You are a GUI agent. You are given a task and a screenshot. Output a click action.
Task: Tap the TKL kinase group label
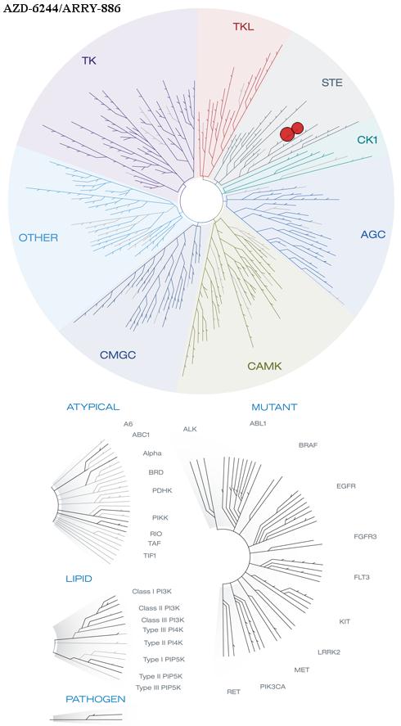pyautogui.click(x=243, y=27)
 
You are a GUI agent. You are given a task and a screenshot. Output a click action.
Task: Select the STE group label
pyautogui.click(x=332, y=83)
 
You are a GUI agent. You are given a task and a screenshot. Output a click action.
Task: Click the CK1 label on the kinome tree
pyautogui.click(x=367, y=139)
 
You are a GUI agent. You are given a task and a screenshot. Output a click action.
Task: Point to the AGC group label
pyautogui.click(x=372, y=235)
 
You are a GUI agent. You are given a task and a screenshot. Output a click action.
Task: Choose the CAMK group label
pyautogui.click(x=264, y=367)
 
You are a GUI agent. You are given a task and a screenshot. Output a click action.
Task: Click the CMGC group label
pyautogui.click(x=118, y=355)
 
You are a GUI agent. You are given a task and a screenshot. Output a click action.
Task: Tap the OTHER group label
pyautogui.click(x=38, y=238)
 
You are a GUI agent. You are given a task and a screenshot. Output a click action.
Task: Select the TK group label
pyautogui.click(x=89, y=61)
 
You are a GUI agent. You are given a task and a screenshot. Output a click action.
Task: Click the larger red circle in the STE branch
pyautogui.click(x=287, y=133)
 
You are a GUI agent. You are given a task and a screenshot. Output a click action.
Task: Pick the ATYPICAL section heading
pyautogui.click(x=93, y=408)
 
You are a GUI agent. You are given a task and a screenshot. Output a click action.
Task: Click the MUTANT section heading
pyautogui.click(x=274, y=408)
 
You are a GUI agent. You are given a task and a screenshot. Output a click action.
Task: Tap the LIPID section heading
pyautogui.click(x=79, y=579)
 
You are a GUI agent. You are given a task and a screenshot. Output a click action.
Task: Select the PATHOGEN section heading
pyautogui.click(x=96, y=699)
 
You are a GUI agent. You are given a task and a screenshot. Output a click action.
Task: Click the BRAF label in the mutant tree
pyautogui.click(x=308, y=445)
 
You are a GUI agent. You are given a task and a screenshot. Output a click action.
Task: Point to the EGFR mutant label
pyautogui.click(x=346, y=487)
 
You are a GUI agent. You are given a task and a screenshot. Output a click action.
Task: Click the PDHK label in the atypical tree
pyautogui.click(x=162, y=490)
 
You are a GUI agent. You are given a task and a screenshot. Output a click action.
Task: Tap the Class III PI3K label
pyautogui.click(x=159, y=620)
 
